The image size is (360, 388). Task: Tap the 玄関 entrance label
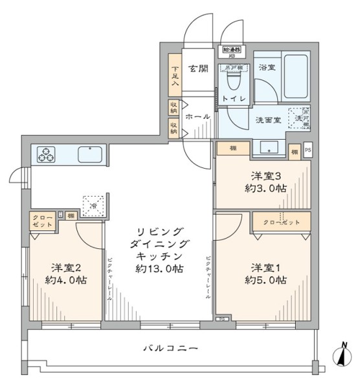[197, 69]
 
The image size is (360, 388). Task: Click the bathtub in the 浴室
[297, 76]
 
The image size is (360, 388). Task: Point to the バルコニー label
[170, 349]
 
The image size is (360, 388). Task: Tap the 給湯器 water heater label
[231, 49]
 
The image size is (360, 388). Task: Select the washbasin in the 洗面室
[268, 149]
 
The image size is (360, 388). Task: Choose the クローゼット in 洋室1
[282, 222]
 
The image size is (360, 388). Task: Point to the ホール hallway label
[197, 117]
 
